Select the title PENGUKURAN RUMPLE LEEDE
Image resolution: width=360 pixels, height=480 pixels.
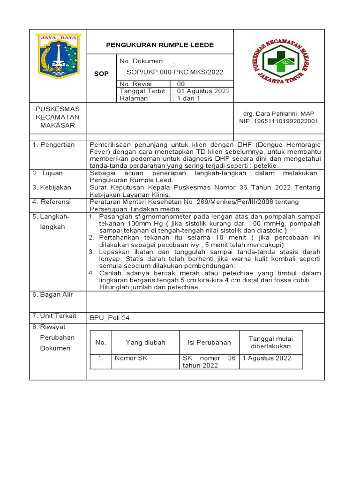click(x=160, y=45)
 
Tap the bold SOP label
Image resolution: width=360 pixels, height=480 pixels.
click(x=101, y=74)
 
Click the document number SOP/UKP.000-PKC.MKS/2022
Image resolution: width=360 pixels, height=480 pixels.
click(x=175, y=72)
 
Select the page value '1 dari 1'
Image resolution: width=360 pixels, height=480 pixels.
click(x=187, y=98)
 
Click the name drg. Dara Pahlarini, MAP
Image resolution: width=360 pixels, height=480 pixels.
click(x=278, y=113)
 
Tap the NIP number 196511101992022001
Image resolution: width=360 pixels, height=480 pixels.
click(x=278, y=121)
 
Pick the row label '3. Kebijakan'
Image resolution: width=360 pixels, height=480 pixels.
click(x=52, y=187)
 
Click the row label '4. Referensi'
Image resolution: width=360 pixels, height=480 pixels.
click(x=52, y=202)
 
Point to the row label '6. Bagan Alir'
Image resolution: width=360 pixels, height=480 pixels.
click(x=53, y=294)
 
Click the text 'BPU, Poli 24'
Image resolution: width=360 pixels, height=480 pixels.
click(x=109, y=318)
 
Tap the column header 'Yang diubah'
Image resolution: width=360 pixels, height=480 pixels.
click(x=145, y=342)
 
